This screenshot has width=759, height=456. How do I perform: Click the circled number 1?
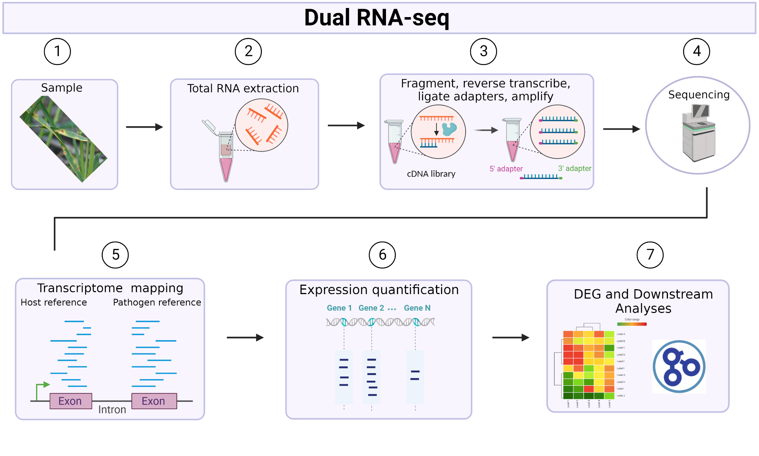[x=57, y=51]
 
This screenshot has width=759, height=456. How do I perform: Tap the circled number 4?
[x=696, y=51]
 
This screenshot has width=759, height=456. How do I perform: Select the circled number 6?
[x=382, y=255]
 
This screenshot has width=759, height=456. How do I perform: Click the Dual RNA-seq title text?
[x=376, y=18]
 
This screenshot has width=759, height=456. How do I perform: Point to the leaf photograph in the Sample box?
[x=63, y=139]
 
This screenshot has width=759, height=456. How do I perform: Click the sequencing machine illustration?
[x=699, y=133]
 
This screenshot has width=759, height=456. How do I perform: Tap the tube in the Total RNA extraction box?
[x=226, y=156]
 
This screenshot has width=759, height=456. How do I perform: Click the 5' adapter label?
[x=506, y=169]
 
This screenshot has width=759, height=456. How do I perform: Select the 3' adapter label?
[x=574, y=168]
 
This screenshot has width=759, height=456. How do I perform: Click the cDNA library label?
[x=431, y=174]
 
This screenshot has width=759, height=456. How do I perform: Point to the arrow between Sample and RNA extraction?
[x=144, y=127]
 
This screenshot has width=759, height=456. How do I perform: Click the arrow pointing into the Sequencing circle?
[x=621, y=129]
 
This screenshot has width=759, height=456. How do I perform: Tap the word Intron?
[x=112, y=410]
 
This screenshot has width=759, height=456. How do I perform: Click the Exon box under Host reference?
[x=71, y=401]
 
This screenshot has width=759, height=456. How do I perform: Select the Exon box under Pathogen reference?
[x=154, y=401]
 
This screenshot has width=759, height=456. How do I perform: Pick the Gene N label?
[x=417, y=308]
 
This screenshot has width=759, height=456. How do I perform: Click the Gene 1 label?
[x=339, y=308]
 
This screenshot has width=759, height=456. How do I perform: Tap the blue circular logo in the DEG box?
[x=679, y=367]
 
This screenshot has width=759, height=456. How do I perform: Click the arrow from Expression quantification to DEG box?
[x=510, y=337]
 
